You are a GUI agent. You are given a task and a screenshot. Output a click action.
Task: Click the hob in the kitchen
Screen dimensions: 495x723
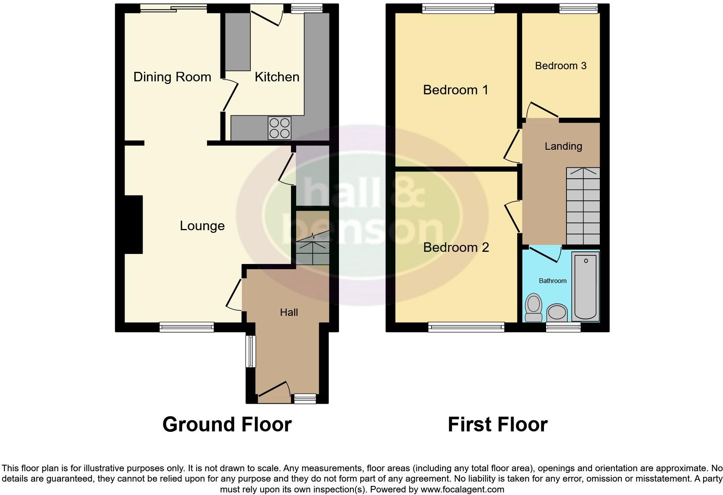click(279, 128)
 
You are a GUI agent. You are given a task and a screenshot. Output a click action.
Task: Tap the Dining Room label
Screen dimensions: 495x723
click(172, 77)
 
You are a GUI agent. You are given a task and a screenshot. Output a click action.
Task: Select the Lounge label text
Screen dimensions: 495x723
click(202, 226)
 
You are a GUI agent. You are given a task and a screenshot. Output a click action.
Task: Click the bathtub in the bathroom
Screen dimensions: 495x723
click(585, 286)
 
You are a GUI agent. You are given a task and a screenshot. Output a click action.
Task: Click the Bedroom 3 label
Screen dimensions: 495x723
click(560, 66)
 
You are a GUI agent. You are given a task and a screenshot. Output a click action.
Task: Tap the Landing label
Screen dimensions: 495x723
click(563, 146)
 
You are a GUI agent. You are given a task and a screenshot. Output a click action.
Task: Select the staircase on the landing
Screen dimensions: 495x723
click(583, 206)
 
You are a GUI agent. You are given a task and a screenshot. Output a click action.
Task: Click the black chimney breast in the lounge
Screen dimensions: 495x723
click(134, 224)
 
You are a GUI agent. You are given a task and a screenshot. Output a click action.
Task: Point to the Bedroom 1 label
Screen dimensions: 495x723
click(455, 90)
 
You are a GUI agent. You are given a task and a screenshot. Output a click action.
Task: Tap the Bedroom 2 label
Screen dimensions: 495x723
click(456, 247)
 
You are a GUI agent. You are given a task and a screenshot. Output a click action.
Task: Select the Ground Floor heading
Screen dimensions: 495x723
click(227, 424)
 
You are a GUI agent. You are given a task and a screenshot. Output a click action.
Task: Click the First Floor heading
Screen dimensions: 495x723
click(497, 424)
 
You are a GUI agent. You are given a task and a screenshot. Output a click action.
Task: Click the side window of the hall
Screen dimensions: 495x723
click(250, 351)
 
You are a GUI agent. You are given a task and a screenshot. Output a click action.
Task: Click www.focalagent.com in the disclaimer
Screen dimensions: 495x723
click(462, 490)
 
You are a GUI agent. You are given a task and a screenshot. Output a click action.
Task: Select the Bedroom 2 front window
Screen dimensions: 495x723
click(466, 327)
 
